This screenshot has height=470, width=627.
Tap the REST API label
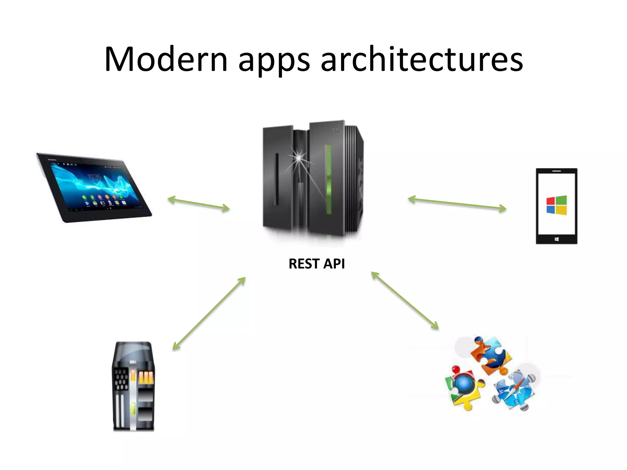[x=317, y=264]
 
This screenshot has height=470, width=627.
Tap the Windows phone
[x=556, y=206]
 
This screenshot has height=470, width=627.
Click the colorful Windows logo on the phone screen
[x=557, y=205]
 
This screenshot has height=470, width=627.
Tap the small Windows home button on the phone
[x=556, y=239]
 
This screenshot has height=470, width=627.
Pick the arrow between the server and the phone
[x=457, y=204]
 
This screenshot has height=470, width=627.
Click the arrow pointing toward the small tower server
[x=209, y=313]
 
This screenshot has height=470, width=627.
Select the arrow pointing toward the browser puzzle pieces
[x=405, y=300]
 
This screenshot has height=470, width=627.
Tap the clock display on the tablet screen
[x=94, y=177]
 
